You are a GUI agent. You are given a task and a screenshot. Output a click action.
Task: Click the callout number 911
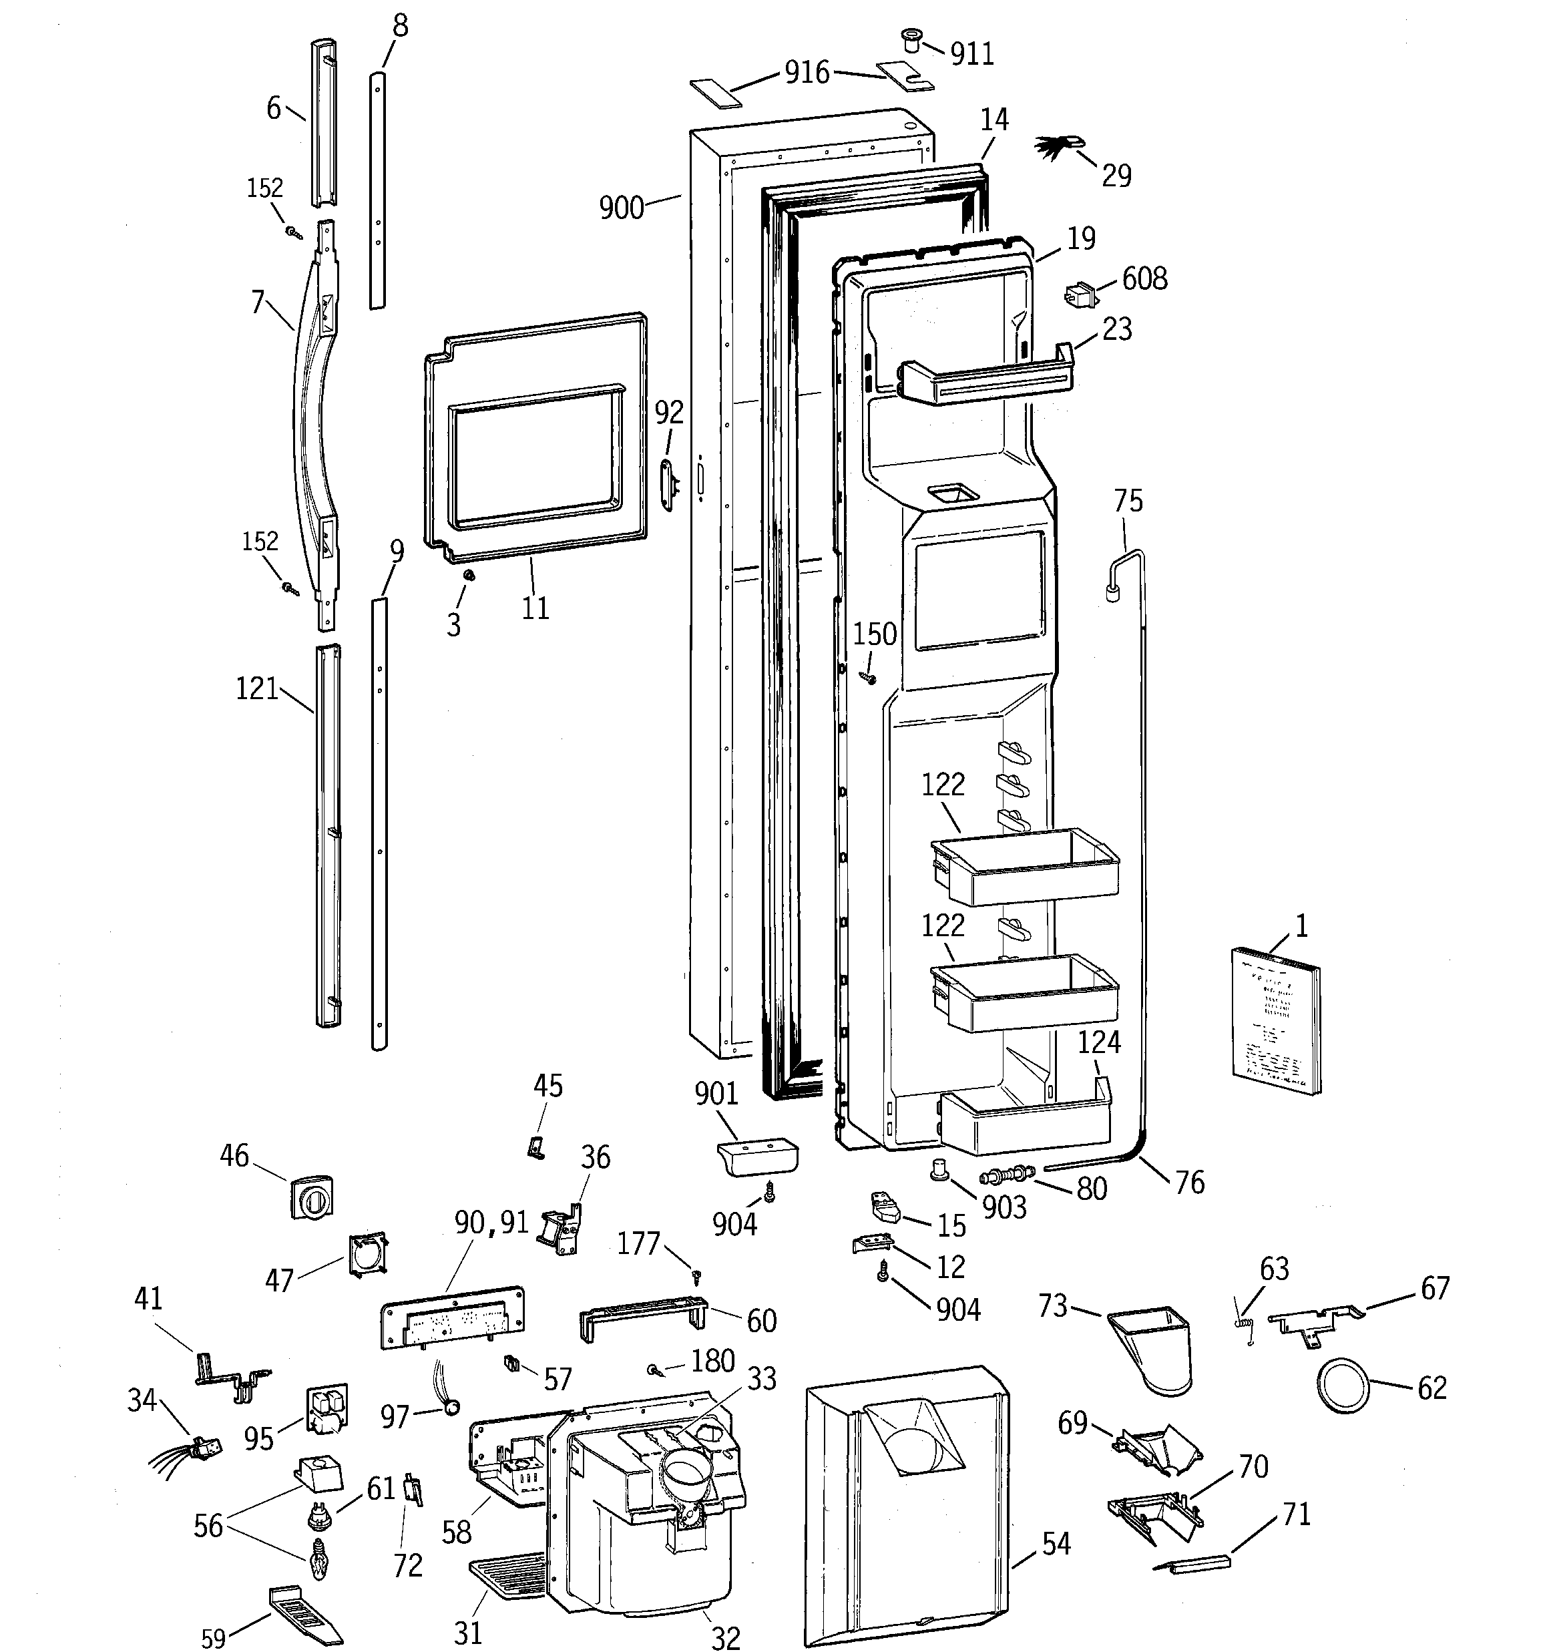pyautogui.click(x=972, y=54)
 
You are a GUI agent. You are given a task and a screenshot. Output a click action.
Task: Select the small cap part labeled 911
pyautogui.click(x=913, y=39)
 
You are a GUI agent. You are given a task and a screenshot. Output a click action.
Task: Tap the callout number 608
pyautogui.click(x=1144, y=278)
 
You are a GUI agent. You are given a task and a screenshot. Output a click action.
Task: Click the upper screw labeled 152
pyautogui.click(x=293, y=232)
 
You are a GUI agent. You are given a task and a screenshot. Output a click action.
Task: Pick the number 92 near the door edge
pyautogui.click(x=669, y=412)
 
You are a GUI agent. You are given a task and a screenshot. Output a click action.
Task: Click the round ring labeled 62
pyautogui.click(x=1343, y=1386)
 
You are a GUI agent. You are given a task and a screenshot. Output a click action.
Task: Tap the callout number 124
pyautogui.click(x=1100, y=1042)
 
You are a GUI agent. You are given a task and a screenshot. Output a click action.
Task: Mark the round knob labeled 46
pyautogui.click(x=312, y=1197)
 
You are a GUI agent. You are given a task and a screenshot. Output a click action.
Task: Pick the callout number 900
pyautogui.click(x=622, y=207)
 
